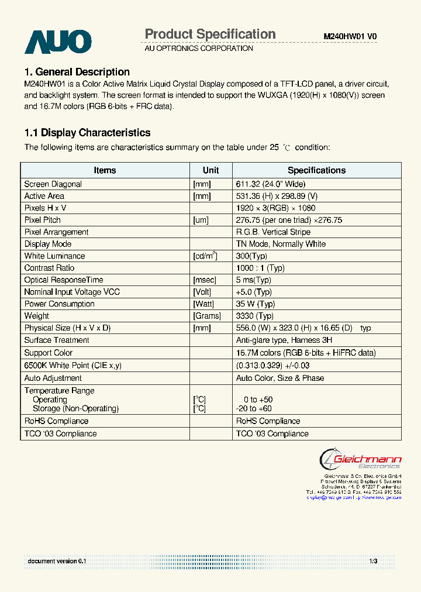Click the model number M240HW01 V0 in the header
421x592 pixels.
(x=350, y=36)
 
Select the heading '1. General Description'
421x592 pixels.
(x=77, y=72)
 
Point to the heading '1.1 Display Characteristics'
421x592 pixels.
(x=87, y=133)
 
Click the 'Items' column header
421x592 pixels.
(x=105, y=170)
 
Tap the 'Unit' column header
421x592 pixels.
(x=210, y=170)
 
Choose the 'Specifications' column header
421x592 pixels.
(x=316, y=170)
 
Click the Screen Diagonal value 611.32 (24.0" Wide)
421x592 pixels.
(x=271, y=184)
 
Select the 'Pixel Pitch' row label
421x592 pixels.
(x=43, y=220)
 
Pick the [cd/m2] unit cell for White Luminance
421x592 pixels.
(x=205, y=256)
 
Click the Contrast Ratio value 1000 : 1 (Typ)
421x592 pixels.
(x=260, y=268)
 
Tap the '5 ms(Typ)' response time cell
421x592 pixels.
(x=254, y=280)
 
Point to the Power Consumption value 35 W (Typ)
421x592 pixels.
(x=256, y=304)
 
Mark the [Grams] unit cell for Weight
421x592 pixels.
(x=207, y=316)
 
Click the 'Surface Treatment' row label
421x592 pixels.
(x=57, y=340)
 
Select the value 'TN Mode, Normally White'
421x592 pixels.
(x=281, y=244)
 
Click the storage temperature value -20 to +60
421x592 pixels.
(x=254, y=408)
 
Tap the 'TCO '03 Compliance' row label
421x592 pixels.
(x=60, y=433)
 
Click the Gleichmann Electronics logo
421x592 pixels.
(x=360, y=459)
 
